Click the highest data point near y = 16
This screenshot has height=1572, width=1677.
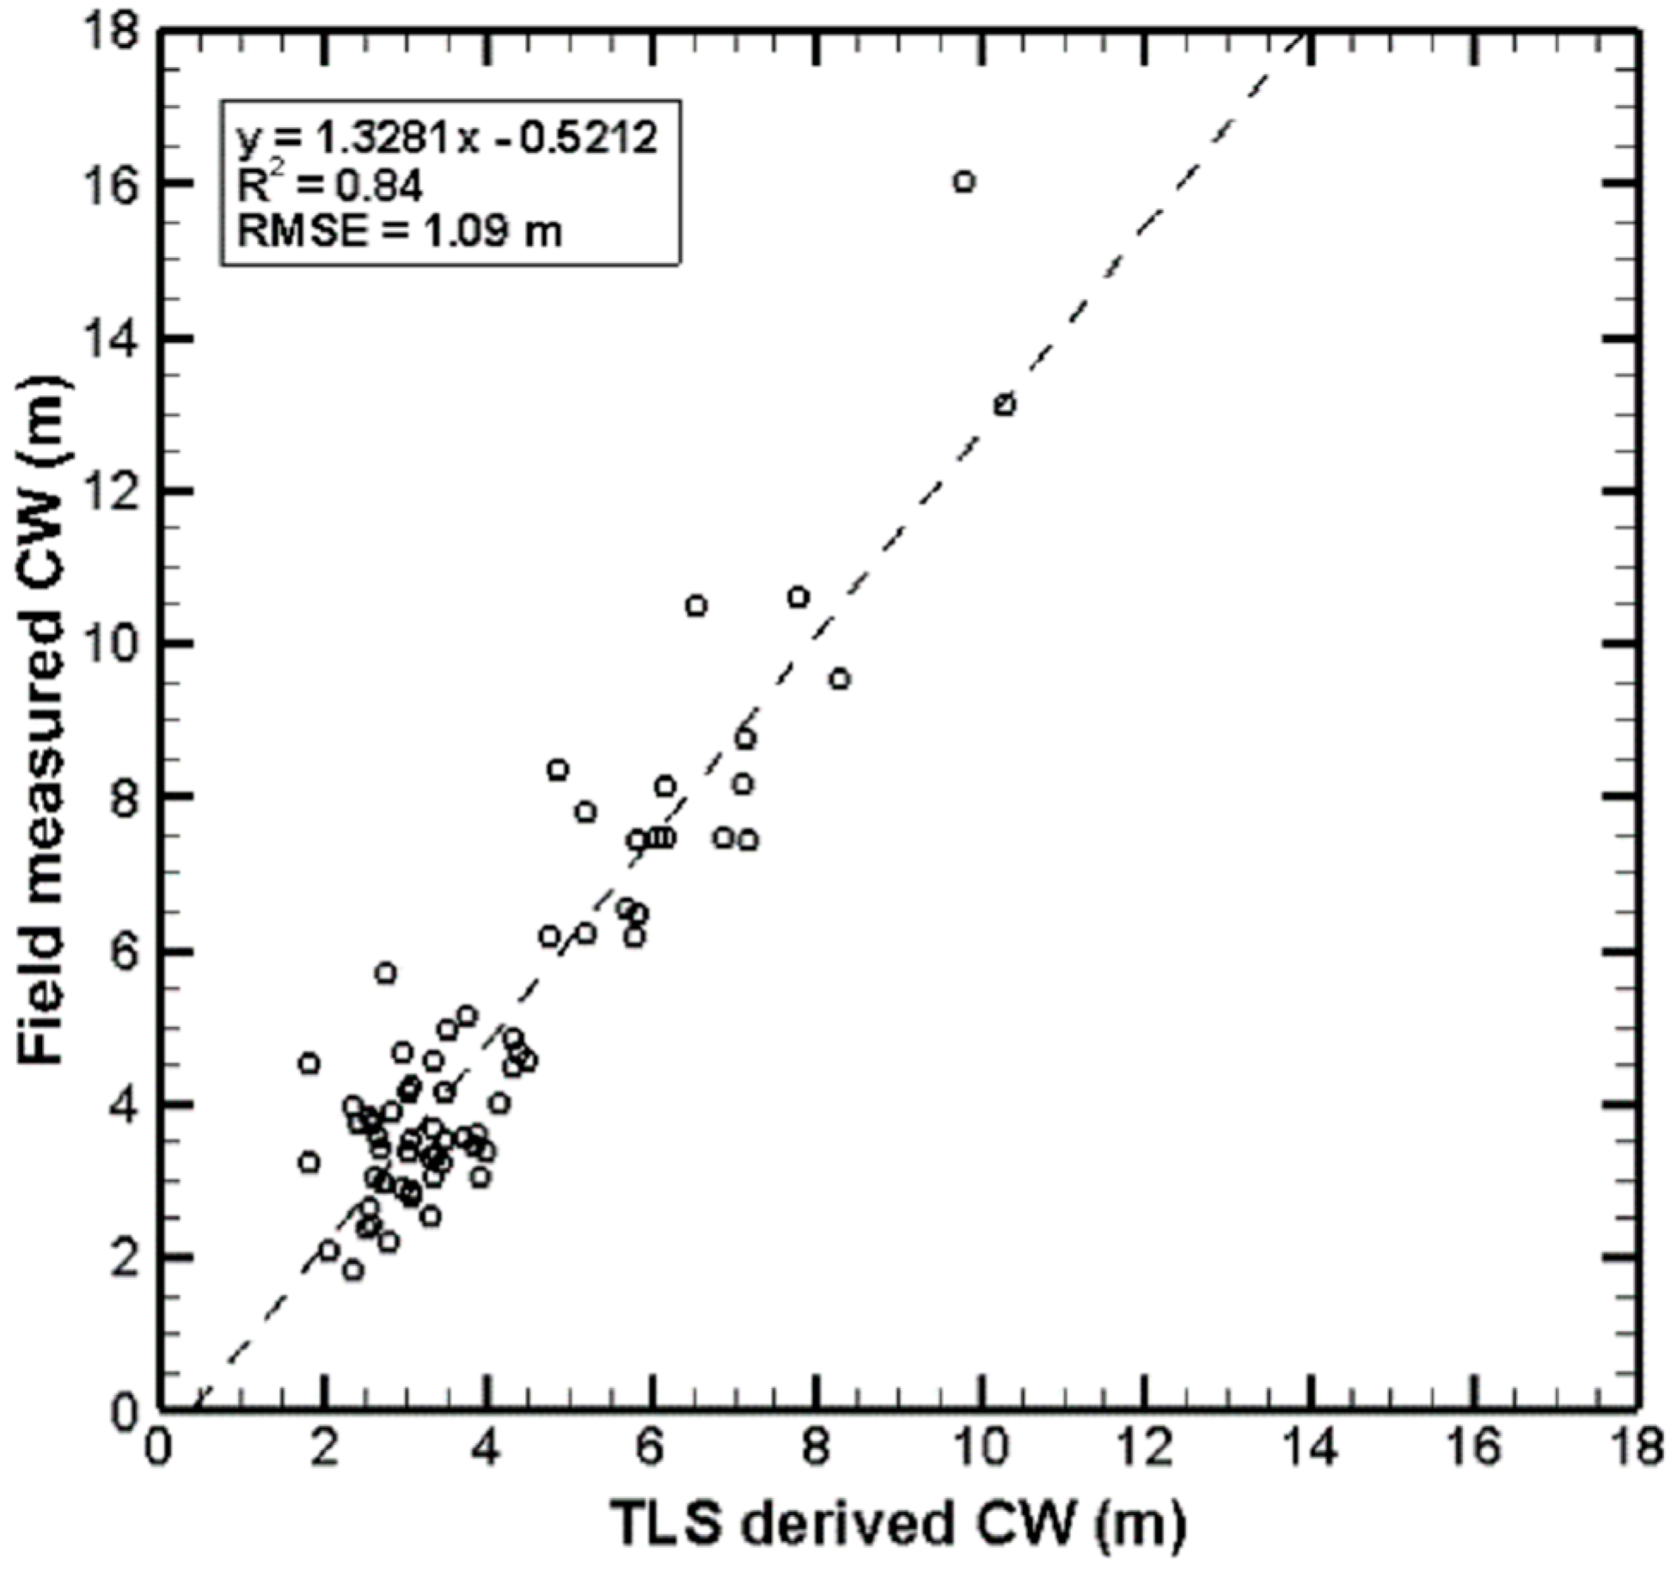[x=964, y=181]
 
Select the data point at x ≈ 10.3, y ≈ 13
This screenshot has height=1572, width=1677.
[x=1004, y=405]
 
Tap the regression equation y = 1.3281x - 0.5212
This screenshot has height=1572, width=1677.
[x=447, y=138]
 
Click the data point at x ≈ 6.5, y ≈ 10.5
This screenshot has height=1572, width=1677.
[x=696, y=606]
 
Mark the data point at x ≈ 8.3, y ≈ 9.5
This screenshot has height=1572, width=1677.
[x=840, y=679]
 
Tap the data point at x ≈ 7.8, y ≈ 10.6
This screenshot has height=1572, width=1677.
[x=799, y=597]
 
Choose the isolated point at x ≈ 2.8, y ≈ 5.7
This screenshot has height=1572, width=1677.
[x=386, y=973]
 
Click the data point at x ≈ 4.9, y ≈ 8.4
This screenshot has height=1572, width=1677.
[x=558, y=769]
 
